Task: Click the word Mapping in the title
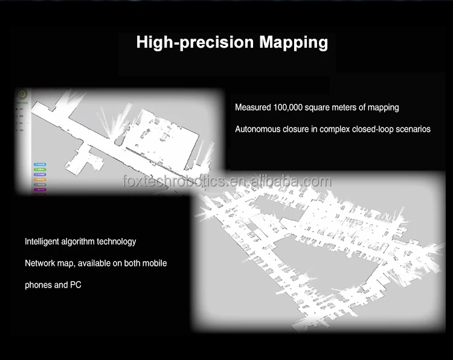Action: [294, 43]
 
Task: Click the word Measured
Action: [253, 108]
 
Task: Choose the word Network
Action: [40, 263]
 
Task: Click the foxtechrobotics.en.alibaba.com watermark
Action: [226, 181]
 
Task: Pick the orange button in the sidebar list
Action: [40, 179]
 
